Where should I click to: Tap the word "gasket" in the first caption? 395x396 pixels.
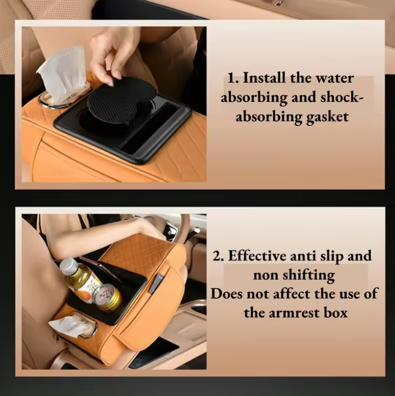tap(327, 117)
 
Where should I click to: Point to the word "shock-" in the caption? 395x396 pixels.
tap(342, 98)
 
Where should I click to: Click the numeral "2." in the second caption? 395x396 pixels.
tap(218, 256)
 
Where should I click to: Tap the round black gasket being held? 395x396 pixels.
tap(122, 101)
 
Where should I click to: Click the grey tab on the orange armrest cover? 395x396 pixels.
tap(156, 284)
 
